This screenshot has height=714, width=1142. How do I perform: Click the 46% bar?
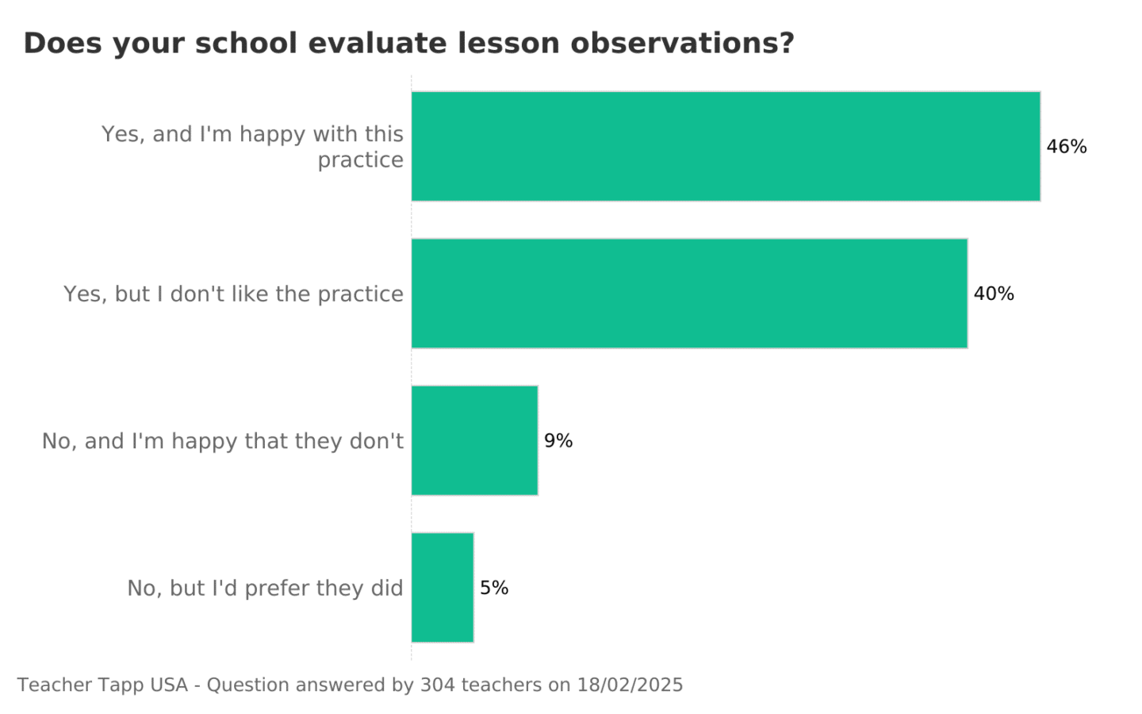(x=726, y=146)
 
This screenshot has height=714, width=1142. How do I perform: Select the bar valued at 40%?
(x=689, y=294)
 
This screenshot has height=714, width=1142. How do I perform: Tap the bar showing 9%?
(x=474, y=440)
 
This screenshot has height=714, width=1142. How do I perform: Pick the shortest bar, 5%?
(x=443, y=587)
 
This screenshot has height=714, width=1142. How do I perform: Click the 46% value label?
(x=1067, y=147)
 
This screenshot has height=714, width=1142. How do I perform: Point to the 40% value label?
(x=994, y=294)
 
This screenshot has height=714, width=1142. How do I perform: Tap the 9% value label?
(x=558, y=441)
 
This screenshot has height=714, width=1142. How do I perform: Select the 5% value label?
(x=494, y=588)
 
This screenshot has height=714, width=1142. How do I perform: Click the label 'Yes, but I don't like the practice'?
(x=233, y=294)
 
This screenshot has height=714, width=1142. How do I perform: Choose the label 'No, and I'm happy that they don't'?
(x=223, y=441)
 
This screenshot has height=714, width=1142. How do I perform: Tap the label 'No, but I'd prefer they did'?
(x=265, y=588)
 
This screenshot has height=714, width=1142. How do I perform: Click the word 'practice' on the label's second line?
(x=360, y=160)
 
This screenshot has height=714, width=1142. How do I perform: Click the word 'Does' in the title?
(x=52, y=43)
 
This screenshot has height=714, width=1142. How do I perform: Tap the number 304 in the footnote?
(x=436, y=685)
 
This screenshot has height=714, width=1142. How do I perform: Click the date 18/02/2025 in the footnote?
(x=630, y=685)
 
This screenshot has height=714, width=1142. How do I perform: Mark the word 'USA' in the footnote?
(x=168, y=685)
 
